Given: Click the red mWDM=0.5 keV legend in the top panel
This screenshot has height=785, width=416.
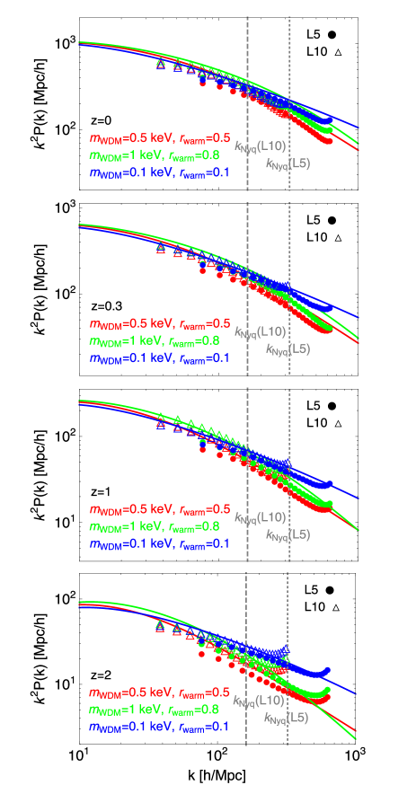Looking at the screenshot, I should pos(159,138).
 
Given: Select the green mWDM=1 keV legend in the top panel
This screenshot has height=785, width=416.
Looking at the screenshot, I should pos(159,155).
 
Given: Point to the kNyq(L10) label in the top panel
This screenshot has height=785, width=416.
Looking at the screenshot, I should pos(260,146).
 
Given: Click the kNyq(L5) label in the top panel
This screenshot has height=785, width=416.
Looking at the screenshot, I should pos(288,163).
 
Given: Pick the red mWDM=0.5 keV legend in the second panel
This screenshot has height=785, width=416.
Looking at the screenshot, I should pos(159,323).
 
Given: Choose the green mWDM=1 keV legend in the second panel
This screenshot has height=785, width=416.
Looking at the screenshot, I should pos(159,341).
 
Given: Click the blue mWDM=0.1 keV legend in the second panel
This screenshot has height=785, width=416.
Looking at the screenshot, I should pos(159,358).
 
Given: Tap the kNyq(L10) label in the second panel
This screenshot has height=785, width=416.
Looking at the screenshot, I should pos(260,331).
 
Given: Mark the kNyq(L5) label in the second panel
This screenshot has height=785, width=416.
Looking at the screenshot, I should pos(288,348).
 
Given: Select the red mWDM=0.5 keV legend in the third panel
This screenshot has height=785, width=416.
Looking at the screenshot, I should pos(159,508).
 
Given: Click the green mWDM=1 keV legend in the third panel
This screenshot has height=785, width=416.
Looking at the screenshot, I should pos(159,526).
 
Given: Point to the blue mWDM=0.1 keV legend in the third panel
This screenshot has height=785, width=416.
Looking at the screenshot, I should pos(159,543).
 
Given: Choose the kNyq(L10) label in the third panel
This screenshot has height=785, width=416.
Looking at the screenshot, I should pos(260,517).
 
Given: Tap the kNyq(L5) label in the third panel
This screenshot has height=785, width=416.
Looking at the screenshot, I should pos(288,534).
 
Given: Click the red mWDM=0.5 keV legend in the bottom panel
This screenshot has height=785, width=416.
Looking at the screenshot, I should pos(159,692).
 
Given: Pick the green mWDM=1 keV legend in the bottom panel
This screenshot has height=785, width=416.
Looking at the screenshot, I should pos(159,710).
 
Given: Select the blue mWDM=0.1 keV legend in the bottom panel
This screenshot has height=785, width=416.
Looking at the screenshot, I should pos(159,727).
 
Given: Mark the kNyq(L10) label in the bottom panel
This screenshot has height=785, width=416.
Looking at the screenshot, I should pos(259,701).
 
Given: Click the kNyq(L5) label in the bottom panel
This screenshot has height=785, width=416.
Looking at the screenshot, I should pos(286,718).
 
